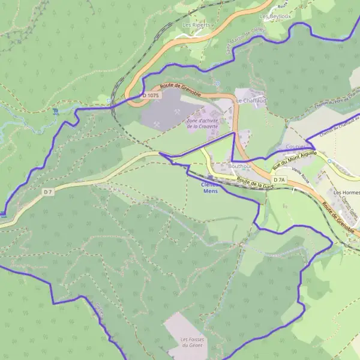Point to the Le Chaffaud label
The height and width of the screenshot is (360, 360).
point(251,100)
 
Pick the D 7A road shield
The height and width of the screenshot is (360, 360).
point(279,180)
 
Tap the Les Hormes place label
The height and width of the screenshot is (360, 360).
point(346,193)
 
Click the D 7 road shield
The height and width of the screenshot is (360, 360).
point(49,191)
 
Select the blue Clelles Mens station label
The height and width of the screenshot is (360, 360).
point(210,188)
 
